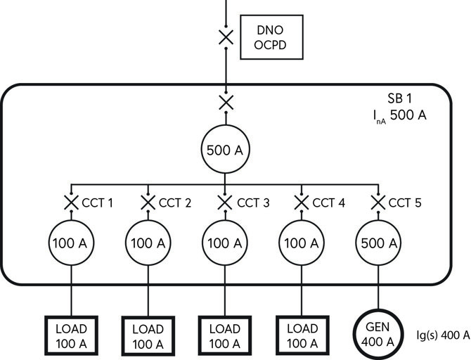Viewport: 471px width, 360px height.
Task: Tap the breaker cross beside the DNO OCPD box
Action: pos(226,37)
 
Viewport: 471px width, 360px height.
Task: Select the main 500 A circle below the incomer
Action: pos(225,149)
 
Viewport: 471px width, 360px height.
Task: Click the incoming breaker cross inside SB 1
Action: pos(226,103)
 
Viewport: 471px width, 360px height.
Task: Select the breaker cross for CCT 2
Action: pos(148,202)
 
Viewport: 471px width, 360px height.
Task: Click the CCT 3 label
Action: pos(253,203)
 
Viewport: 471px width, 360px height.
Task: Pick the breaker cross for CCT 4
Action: pos(302,202)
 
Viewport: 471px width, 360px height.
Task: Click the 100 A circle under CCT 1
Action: pos(71,243)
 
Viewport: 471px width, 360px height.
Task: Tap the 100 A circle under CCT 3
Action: pos(225,243)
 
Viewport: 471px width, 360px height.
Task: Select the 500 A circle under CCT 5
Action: pos(379,243)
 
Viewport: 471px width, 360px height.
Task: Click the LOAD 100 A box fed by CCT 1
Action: pos(71,336)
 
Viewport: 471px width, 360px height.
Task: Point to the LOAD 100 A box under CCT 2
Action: pos(148,337)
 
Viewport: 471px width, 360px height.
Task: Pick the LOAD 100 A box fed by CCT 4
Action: pos(302,336)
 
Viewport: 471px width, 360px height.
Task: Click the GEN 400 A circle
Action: pos(379,336)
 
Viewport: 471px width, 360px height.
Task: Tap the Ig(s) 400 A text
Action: pos(443,335)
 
